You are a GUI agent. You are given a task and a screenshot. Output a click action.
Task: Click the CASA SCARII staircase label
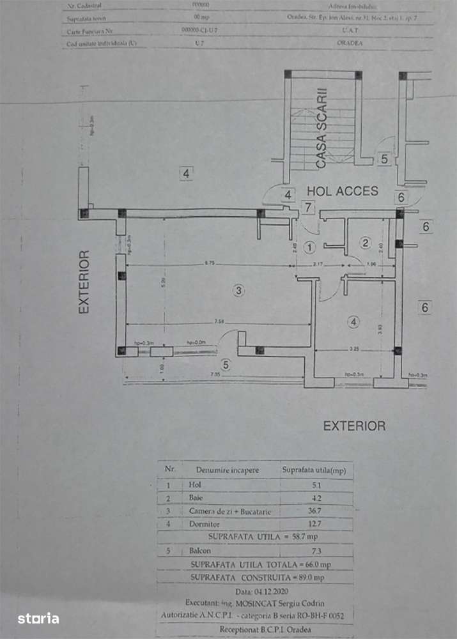click(321, 128)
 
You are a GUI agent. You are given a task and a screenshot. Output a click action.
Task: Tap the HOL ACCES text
click(343, 190)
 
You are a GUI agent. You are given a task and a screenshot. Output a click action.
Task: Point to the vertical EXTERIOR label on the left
click(84, 282)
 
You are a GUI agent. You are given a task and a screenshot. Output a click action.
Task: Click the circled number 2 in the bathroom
click(366, 242)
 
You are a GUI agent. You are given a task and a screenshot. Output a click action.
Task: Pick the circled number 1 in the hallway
click(310, 247)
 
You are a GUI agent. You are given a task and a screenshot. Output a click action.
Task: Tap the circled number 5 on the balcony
click(225, 365)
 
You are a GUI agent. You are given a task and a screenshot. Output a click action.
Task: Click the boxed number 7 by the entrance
click(308, 206)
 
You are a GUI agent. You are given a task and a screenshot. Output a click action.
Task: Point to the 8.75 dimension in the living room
click(210, 263)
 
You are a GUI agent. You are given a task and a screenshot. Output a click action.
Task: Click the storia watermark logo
click(38, 619)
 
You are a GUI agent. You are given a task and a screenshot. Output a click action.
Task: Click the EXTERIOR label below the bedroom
click(354, 426)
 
